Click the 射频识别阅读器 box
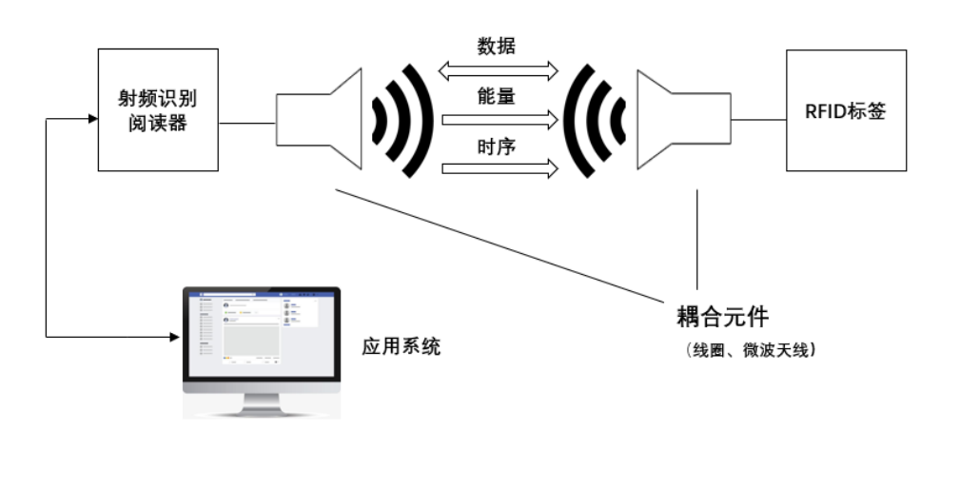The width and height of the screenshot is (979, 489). [x=158, y=110]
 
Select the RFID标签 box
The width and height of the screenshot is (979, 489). [x=846, y=110]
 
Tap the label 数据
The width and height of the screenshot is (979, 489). [x=497, y=46]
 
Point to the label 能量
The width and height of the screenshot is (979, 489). [x=497, y=96]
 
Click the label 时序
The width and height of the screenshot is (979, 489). [x=497, y=147]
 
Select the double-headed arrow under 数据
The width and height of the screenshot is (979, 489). [x=498, y=69]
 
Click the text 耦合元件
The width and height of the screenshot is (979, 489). [x=721, y=316]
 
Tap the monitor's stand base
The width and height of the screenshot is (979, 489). [x=261, y=411]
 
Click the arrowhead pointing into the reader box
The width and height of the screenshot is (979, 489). [x=92, y=119]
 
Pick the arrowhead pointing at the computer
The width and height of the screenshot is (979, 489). [x=174, y=336]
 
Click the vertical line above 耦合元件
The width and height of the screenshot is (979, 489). [x=697, y=238]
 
